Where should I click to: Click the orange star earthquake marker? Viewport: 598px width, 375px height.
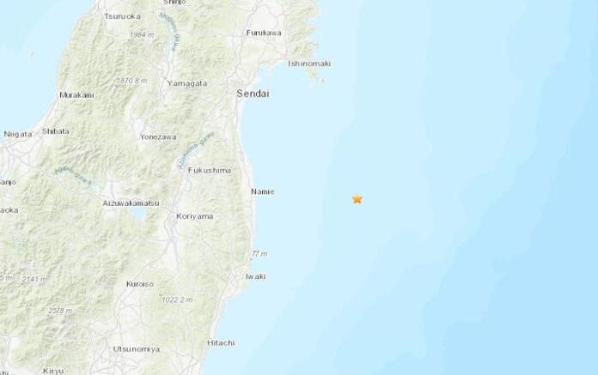(x=357, y=199)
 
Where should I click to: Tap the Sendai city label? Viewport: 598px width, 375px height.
(x=253, y=93)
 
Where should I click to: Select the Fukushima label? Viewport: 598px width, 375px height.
(x=210, y=171)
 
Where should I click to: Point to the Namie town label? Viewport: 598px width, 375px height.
(x=263, y=191)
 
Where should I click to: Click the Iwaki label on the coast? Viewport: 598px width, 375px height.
(x=255, y=276)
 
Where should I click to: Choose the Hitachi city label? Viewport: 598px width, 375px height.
(x=221, y=342)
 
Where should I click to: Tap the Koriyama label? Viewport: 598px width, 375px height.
(x=193, y=217)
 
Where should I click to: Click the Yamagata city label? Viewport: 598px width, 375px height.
(x=187, y=82)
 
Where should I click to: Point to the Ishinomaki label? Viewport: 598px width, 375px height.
(x=309, y=64)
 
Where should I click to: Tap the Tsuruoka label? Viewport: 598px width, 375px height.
(x=122, y=16)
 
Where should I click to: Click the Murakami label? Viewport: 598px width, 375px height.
(x=76, y=94)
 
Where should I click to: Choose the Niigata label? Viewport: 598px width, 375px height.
(x=17, y=134)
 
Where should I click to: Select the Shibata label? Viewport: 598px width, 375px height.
(x=56, y=131)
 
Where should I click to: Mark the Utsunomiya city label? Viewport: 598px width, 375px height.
(x=136, y=349)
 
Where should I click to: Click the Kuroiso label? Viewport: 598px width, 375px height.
(x=139, y=283)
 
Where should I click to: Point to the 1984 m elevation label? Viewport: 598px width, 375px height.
(x=142, y=34)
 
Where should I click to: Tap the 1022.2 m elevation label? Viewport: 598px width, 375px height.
(x=177, y=299)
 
